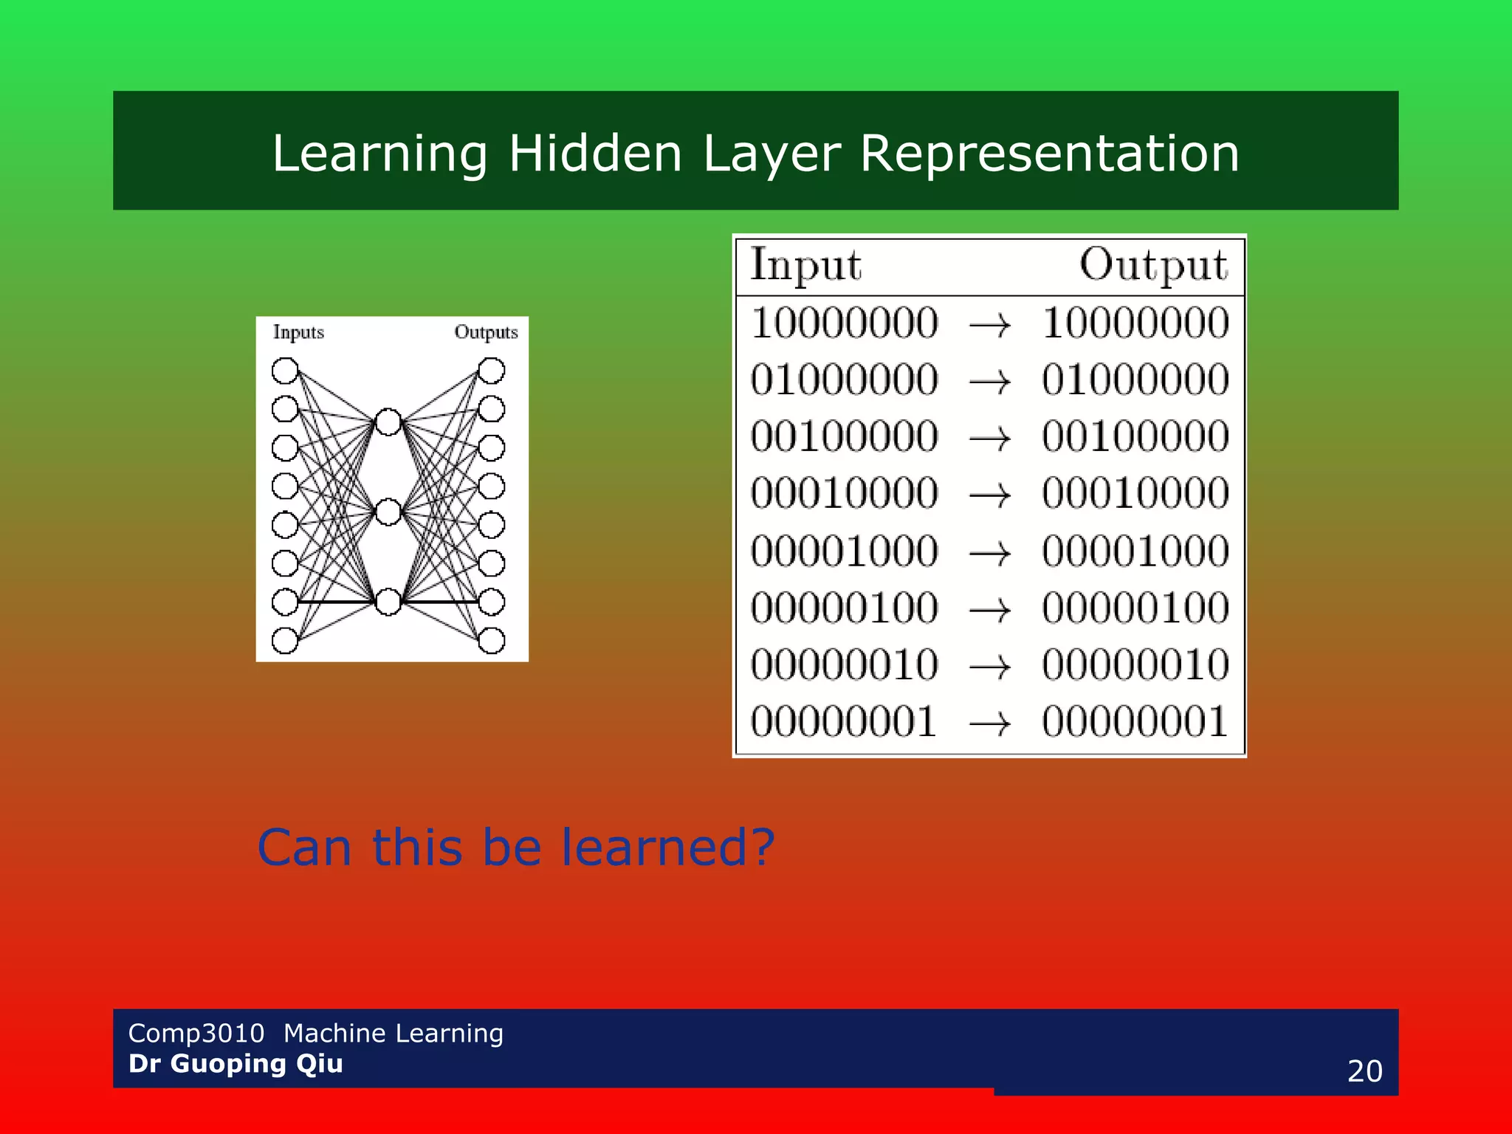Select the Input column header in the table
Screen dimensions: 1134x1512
coord(805,265)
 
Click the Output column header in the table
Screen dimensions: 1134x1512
coord(1153,265)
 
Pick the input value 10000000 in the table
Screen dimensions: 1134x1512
coord(845,323)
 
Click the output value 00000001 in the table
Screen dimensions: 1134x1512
coord(1135,721)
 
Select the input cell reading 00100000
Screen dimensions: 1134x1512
coord(845,436)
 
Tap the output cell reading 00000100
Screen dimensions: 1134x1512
coord(1135,608)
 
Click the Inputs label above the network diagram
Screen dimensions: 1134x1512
coord(298,332)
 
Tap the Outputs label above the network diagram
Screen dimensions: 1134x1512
coord(486,332)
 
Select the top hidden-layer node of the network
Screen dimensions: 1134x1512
coord(388,422)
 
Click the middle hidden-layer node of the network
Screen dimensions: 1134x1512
coord(388,512)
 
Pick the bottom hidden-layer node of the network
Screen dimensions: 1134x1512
coord(388,602)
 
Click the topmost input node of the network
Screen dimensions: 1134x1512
coord(285,371)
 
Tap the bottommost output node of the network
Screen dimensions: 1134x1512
coord(492,640)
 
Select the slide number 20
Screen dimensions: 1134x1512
coord(1364,1071)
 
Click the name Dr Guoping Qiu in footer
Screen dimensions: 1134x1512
coord(236,1064)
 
